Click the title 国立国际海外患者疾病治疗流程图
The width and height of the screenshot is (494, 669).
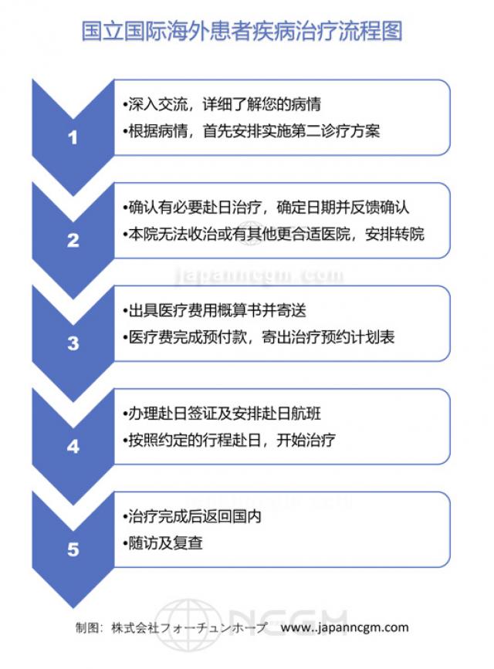click(x=242, y=31)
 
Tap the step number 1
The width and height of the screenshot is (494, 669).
click(x=73, y=137)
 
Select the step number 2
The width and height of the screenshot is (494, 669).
click(x=73, y=241)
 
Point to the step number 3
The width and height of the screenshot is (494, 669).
click(x=73, y=343)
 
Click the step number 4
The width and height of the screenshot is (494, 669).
click(x=73, y=447)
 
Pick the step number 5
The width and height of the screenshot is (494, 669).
click(x=73, y=549)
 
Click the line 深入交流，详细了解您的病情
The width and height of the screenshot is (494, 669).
click(x=222, y=104)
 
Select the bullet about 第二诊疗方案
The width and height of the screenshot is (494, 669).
click(x=251, y=131)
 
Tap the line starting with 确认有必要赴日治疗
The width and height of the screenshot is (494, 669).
click(x=266, y=208)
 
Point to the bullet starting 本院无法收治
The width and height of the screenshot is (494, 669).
click(x=273, y=235)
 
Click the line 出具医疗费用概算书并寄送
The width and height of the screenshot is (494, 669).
click(x=215, y=310)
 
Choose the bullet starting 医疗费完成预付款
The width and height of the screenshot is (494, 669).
click(x=259, y=337)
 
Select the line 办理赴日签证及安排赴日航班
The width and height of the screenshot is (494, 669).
click(x=222, y=414)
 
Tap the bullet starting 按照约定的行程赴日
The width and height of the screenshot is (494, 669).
click(x=228, y=440)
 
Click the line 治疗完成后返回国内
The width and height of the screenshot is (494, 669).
click(x=192, y=516)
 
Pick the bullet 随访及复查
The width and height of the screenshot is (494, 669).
click(x=163, y=543)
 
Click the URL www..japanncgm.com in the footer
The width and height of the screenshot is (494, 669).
click(x=344, y=627)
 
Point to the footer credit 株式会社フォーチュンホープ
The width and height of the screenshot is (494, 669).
click(x=189, y=627)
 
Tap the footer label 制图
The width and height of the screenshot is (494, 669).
click(x=88, y=627)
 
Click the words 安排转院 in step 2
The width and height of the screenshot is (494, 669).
click(x=395, y=235)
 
